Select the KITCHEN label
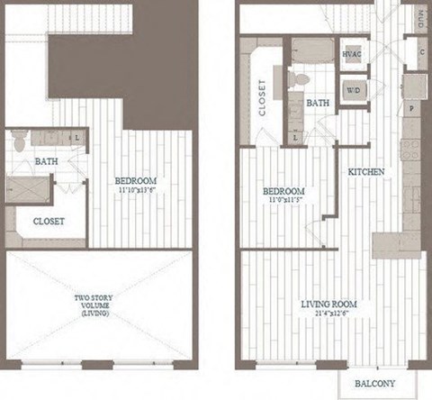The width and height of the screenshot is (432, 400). pos(368,171)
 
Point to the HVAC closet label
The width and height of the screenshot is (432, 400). pos(352,53)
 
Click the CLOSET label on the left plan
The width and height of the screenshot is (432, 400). pos(48,221)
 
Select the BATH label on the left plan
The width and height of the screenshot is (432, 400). pos(48,162)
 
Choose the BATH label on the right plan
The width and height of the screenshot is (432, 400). pos(318,104)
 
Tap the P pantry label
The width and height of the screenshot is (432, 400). pos(411,107)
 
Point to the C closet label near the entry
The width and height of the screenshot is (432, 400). pos(420,52)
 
